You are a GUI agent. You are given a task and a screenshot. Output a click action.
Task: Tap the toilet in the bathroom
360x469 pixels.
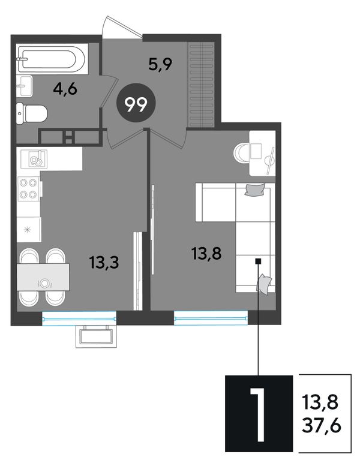(x=32, y=114)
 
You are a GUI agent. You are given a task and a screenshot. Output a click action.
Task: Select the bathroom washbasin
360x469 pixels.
(x=24, y=86)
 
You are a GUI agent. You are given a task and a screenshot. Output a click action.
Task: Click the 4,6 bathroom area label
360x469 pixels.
(x=65, y=89)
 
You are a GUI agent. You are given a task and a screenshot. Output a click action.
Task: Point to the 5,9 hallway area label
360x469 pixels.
(x=160, y=64)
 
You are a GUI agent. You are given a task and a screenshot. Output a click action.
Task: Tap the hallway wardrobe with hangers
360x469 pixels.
(x=201, y=85)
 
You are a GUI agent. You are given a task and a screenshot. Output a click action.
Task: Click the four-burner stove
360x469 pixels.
(x=28, y=189)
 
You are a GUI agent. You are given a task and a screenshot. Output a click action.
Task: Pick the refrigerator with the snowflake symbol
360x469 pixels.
(x=28, y=230)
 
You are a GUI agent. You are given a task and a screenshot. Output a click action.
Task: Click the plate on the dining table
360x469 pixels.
(x=44, y=283)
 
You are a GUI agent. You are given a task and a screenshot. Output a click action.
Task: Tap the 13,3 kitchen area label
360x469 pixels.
(x=104, y=262)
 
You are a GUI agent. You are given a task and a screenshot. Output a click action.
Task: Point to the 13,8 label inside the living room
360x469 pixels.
(x=206, y=254)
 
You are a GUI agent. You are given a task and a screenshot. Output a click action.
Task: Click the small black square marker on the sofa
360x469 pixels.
(x=258, y=261)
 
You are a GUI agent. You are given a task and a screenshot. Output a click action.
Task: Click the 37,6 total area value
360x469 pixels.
(x=322, y=426)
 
